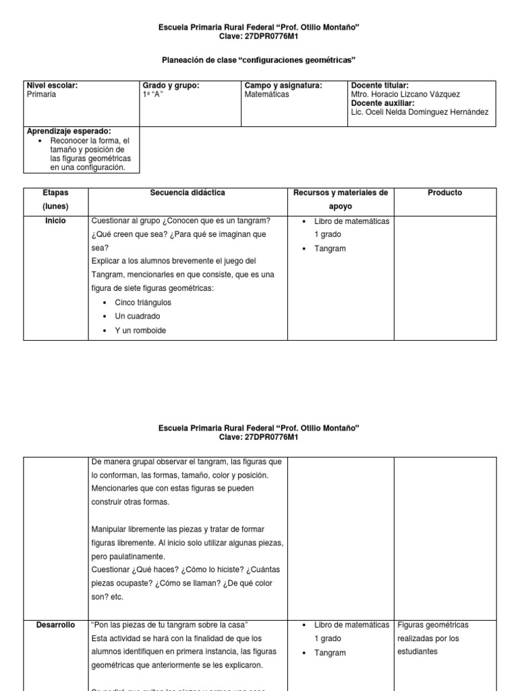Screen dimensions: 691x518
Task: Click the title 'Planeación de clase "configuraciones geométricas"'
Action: pos(259,60)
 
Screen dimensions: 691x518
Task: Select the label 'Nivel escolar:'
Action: pos(52,86)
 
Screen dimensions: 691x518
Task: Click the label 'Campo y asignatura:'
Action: pos(283,86)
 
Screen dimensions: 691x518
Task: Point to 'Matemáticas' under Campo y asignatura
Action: pos(266,94)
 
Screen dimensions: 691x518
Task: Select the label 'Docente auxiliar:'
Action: pos(382,103)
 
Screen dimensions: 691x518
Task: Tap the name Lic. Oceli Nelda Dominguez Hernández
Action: pos(420,112)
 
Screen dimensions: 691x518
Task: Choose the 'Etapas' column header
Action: pos(55,193)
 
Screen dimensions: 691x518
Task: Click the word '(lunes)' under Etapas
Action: pos(55,206)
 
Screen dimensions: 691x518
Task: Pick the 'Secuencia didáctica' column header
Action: pos(188,193)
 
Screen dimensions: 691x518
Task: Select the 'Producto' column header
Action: pos(445,193)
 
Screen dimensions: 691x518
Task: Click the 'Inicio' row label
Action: pos(55,221)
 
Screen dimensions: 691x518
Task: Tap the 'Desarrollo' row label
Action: pos(55,625)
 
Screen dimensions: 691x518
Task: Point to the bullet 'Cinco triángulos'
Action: pos(143,302)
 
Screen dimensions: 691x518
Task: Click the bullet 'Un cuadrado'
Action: pos(138,316)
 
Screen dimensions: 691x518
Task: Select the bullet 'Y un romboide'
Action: pos(140,331)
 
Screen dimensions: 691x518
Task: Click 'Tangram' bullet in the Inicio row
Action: pos(330,248)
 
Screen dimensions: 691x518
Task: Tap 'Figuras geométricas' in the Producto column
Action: pos(433,625)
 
